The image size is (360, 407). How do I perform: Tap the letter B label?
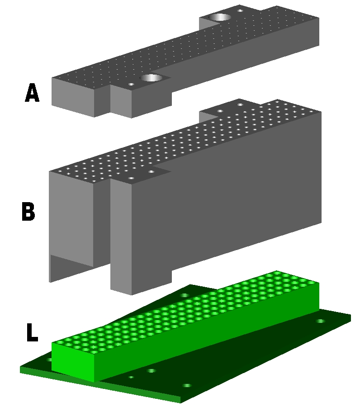click(x=28, y=212)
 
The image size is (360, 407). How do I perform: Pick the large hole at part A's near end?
click(x=151, y=78)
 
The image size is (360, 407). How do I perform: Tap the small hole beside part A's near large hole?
click(x=132, y=84)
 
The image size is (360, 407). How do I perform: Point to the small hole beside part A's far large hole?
click(x=240, y=10)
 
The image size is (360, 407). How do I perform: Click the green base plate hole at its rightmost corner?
click(x=321, y=321)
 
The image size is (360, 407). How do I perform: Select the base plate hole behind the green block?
click(x=184, y=295)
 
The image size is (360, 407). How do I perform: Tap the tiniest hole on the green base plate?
click(x=131, y=377)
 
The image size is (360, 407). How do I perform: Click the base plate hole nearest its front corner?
click(x=187, y=386)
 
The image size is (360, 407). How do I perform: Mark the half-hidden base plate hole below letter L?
click(x=49, y=360)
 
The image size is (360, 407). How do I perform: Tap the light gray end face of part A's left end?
click(x=73, y=97)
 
